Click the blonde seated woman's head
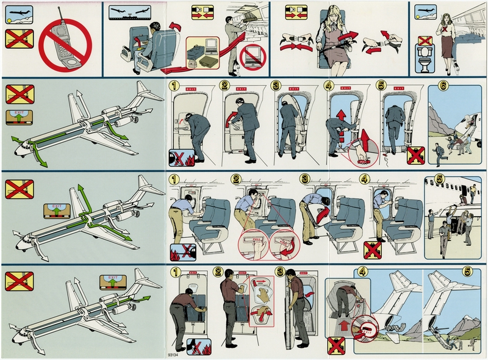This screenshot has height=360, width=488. click(337, 15)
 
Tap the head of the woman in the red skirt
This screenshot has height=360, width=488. click(442, 12)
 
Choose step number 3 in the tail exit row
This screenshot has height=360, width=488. click(281, 273)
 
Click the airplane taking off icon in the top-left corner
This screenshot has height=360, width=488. click(15, 15)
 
